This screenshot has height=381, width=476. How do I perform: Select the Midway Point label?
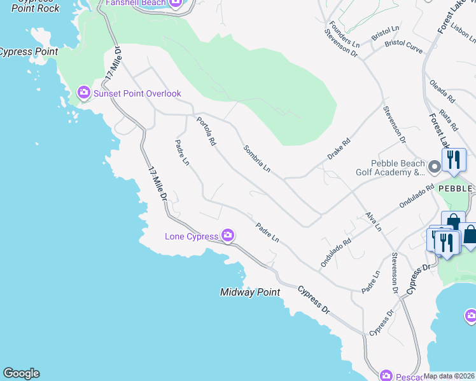pos(250,293)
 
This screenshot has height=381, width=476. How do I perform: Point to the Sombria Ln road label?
pos(257,159)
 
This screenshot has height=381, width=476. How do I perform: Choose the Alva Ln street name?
pos(374,221)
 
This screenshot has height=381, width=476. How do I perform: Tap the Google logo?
pos(21,373)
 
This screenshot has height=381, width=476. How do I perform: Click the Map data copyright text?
pos(449,376)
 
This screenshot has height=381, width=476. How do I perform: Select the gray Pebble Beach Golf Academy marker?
pos(435,167)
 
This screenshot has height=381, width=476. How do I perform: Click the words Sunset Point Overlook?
pos(137,93)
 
